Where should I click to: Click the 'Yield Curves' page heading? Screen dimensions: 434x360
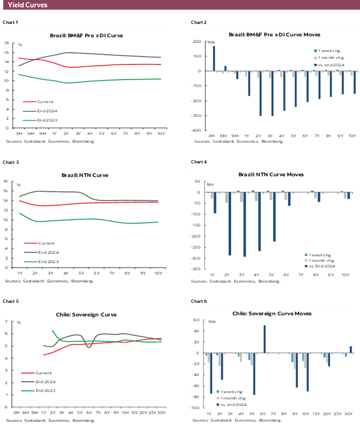coord(28,6)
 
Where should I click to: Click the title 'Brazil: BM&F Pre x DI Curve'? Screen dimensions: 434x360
coord(86,35)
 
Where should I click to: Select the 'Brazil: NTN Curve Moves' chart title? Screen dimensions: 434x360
coord(271,174)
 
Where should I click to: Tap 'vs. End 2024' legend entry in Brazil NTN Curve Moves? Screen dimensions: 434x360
coord(323,266)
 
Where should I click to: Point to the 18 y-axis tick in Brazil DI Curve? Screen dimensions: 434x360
coord(7,43)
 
